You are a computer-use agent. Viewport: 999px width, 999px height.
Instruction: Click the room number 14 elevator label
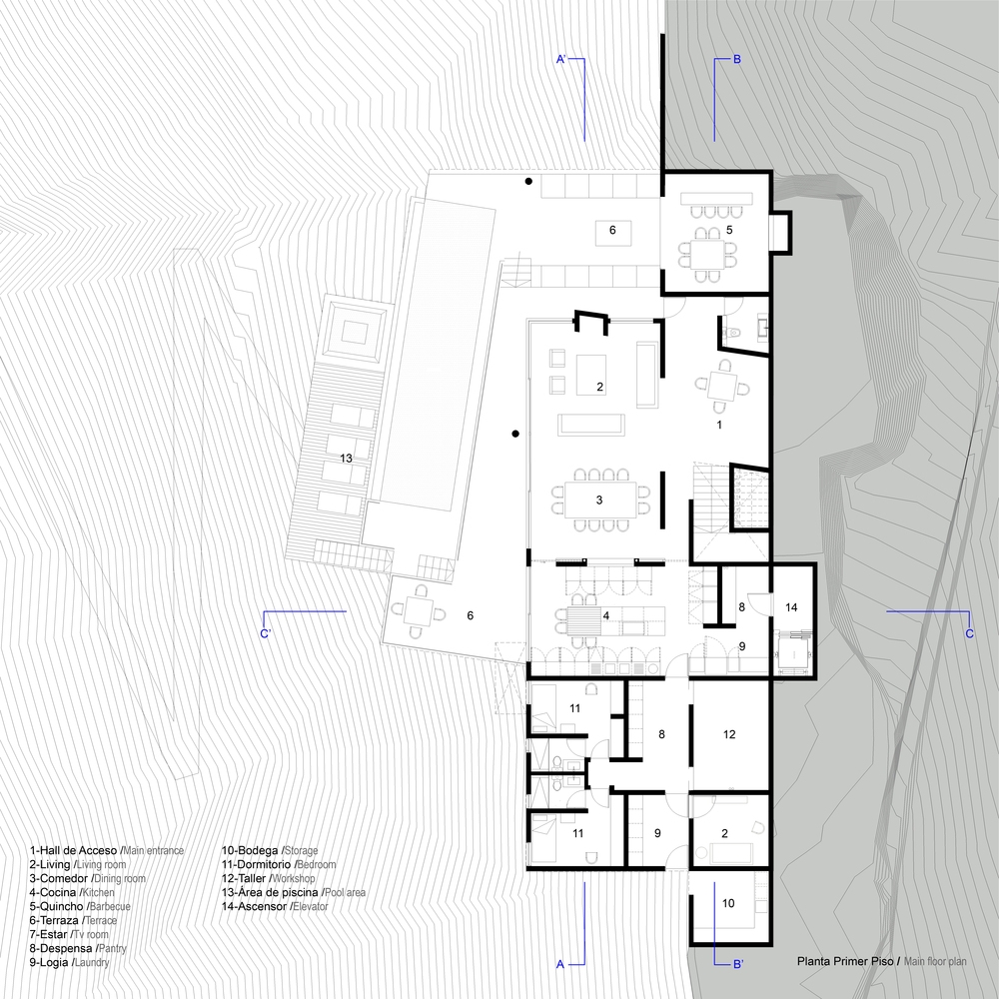pos(790,607)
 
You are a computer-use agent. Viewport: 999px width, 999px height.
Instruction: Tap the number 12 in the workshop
pos(729,734)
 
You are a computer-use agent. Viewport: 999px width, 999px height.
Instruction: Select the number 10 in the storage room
pos(728,903)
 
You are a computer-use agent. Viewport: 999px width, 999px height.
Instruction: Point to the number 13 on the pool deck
pos(346,459)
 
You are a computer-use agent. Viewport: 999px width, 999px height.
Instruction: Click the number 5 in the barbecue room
pos(729,230)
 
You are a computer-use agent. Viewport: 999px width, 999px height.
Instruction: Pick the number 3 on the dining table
pos(598,500)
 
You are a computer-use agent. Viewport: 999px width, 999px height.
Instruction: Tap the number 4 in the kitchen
pos(606,615)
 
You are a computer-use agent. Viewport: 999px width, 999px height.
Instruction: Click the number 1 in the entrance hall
pos(719,425)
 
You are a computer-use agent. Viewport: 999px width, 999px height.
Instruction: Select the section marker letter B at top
pos(737,59)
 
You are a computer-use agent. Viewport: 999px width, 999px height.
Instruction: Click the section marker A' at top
pos(561,59)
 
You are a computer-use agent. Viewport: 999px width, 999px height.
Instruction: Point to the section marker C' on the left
pos(266,634)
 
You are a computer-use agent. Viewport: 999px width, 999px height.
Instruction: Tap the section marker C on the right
pos(970,633)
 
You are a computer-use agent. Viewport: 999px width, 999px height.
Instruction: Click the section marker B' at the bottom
pos(738,964)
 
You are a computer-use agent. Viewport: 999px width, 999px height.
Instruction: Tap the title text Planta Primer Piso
pos(846,961)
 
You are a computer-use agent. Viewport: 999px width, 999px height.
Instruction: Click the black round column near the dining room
pos(515,434)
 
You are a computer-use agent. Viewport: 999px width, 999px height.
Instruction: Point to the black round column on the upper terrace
pos(528,182)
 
